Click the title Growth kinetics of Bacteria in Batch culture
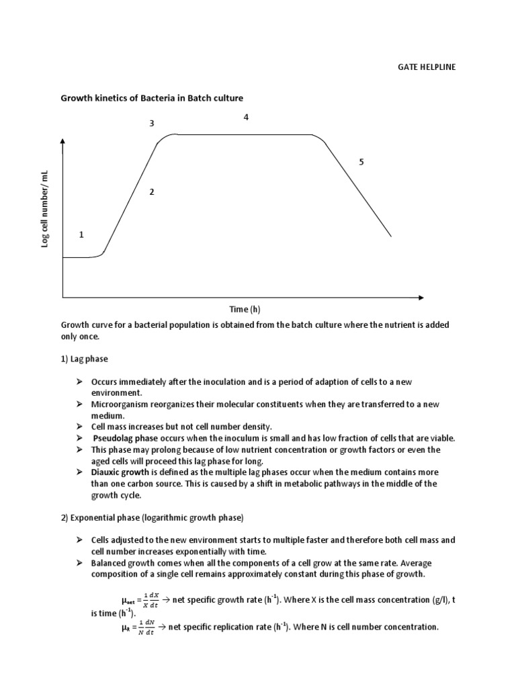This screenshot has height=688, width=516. (x=153, y=98)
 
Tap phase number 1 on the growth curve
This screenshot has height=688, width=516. (x=81, y=234)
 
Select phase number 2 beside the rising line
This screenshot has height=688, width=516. (x=152, y=192)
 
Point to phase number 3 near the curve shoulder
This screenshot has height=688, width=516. (x=152, y=124)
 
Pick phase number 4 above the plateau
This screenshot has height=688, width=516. (x=246, y=117)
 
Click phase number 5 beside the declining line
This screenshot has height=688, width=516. (x=361, y=162)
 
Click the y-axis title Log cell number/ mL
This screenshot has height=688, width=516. (x=46, y=208)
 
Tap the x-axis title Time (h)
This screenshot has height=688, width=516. (x=245, y=309)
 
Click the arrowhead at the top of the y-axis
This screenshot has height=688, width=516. (x=62, y=141)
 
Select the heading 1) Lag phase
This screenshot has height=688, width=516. (x=85, y=359)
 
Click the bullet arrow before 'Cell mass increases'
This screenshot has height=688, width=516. (x=78, y=427)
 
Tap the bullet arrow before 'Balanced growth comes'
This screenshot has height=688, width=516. (x=78, y=563)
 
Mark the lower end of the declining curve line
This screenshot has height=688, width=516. (x=390, y=236)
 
